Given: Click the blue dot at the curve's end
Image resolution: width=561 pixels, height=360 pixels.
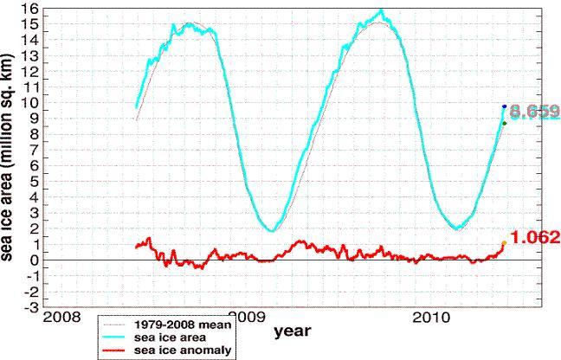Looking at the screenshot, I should point(505,106).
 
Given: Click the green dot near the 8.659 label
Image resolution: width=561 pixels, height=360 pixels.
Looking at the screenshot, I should point(504,123).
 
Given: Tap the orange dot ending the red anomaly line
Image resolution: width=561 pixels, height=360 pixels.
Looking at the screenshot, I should point(504,243).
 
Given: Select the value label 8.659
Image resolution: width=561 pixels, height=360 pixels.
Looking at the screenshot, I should point(534,112).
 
